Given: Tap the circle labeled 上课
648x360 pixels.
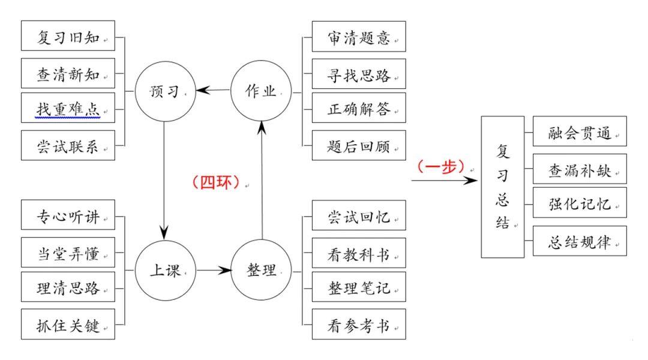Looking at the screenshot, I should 164,271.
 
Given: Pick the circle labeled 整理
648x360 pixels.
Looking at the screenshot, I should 261,271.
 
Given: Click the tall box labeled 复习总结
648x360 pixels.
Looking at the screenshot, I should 502,187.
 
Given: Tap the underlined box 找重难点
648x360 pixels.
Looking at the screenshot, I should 67,110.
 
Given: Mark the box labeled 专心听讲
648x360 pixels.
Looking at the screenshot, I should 67,218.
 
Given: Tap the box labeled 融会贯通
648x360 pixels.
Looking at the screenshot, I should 580,131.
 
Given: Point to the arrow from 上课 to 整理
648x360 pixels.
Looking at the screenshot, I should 213,271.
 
